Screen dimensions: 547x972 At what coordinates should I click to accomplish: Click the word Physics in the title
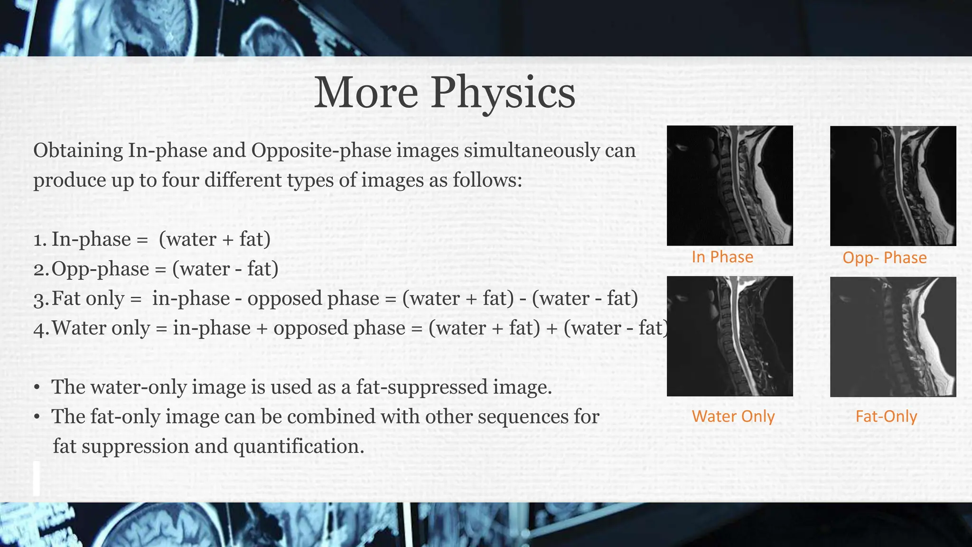[x=503, y=93]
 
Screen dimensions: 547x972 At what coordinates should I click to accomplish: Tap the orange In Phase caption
[x=722, y=257]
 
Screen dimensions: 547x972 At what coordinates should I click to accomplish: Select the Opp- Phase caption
[x=884, y=258]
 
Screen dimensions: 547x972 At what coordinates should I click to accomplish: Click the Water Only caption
[x=733, y=416]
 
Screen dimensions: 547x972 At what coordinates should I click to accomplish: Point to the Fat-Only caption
[x=886, y=416]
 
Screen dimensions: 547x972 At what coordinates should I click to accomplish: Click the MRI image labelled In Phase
[x=729, y=186]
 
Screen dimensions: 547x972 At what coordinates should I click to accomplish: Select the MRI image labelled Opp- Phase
[x=893, y=186]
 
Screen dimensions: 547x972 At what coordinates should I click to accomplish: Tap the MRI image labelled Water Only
[x=729, y=336]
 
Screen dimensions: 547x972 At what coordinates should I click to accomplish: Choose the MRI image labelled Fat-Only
[x=893, y=337]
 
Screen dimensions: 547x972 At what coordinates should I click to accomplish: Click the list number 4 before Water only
[x=40, y=329]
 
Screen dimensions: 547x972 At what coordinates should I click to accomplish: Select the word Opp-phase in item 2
[x=100, y=269]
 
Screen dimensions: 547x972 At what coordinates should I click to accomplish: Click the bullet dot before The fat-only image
[x=37, y=417]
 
